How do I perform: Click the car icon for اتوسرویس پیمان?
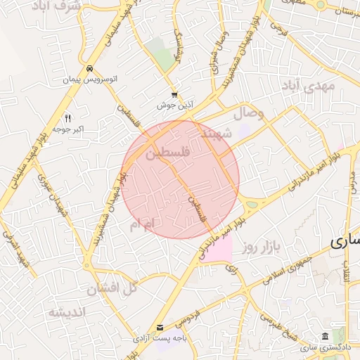coord(89,68)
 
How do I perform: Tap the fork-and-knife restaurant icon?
coord(67,117)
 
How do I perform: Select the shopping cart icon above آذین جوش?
coord(174,94)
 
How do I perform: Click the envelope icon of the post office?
coord(161,327)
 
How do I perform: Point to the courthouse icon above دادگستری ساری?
coord(324,336)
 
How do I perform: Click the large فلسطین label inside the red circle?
coord(167,153)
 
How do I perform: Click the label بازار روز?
coord(262,246)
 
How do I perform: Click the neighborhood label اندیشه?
coord(66,311)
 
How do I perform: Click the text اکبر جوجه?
coord(69,129)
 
